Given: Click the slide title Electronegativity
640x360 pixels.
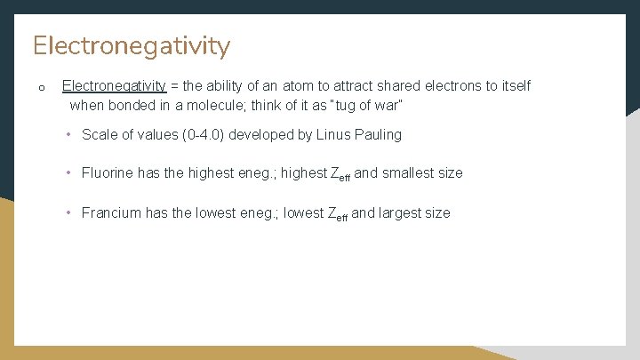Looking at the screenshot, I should point(132,45).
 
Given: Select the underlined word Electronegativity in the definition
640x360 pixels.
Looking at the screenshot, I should point(114,86).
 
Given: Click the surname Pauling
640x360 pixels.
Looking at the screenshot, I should point(379,135).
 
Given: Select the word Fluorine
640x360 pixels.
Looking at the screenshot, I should point(108,173).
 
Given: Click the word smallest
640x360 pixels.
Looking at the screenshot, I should point(411,173).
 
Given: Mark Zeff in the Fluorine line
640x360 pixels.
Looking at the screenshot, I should point(340,174).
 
